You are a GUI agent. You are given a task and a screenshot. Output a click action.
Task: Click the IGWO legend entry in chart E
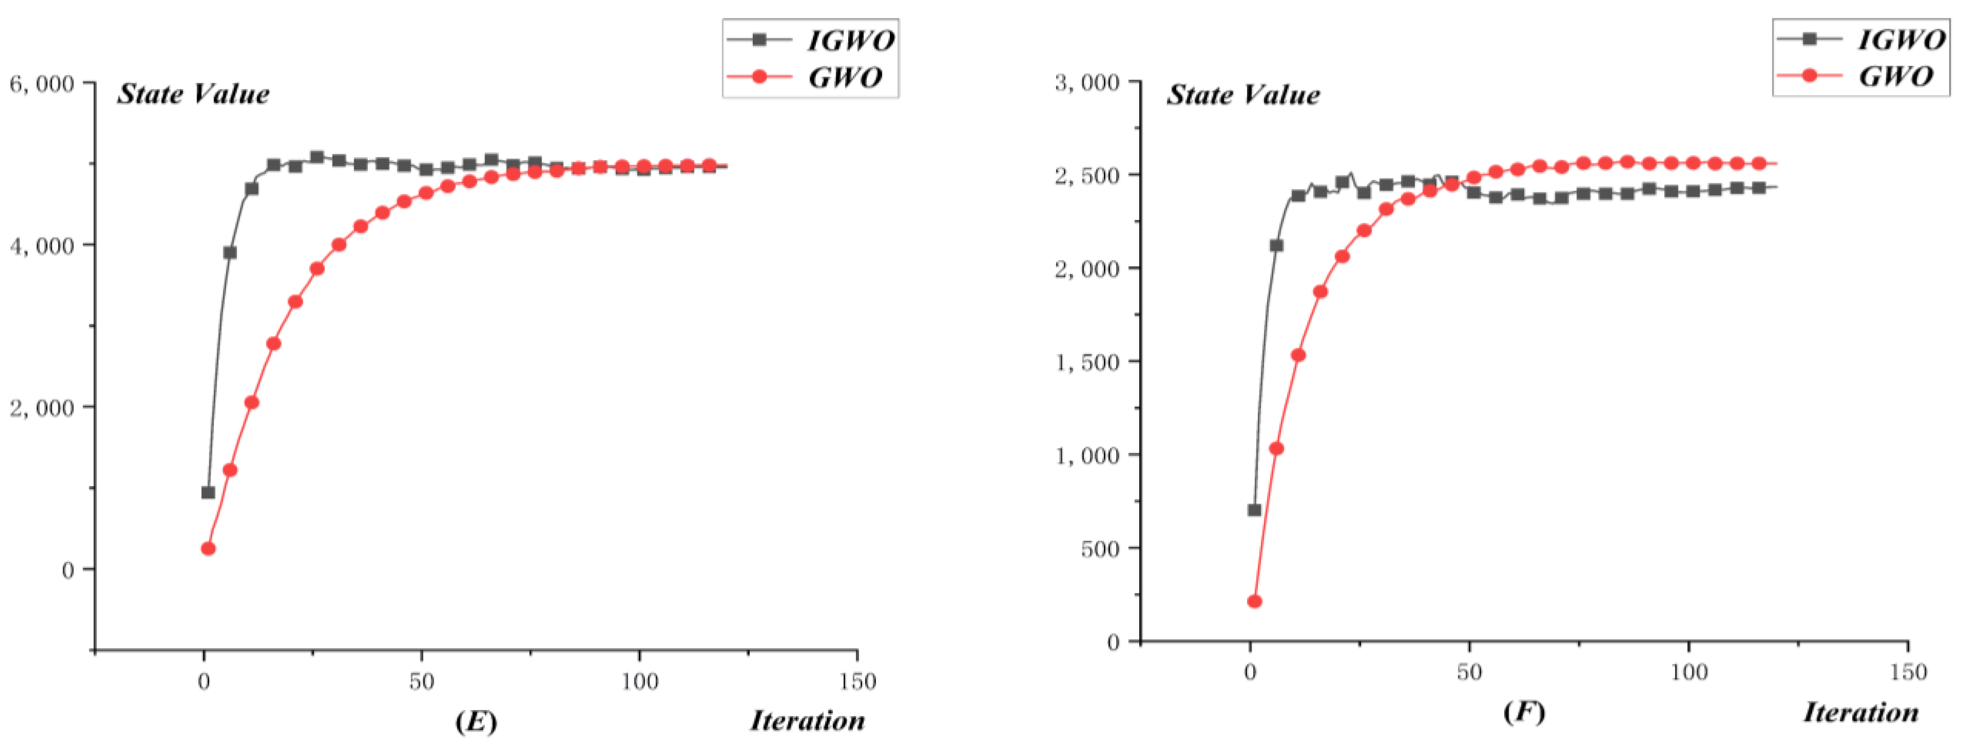[811, 40]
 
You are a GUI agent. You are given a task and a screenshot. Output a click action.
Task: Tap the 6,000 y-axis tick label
[42, 83]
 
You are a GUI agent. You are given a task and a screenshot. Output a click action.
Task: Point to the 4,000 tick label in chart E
[42, 246]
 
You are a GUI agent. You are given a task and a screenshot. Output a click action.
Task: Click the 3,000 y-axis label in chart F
[1087, 82]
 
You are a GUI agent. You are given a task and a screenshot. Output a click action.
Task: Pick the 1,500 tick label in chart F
[1087, 362]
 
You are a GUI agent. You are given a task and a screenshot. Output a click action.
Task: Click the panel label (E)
[476, 721]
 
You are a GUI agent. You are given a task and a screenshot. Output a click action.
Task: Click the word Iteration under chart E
[807, 720]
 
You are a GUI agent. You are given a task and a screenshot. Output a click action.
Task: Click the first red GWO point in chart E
[208, 548]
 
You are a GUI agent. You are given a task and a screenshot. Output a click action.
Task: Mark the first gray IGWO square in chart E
[208, 493]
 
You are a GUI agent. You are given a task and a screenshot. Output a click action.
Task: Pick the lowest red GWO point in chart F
[1254, 602]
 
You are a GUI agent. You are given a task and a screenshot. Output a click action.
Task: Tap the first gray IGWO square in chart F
[1254, 509]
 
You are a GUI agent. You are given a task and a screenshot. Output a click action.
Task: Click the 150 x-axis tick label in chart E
[856, 681]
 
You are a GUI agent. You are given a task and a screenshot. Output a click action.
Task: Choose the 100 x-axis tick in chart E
[639, 681]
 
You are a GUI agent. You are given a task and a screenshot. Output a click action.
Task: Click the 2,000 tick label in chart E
[42, 408]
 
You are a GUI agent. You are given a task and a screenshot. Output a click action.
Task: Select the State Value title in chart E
[193, 94]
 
